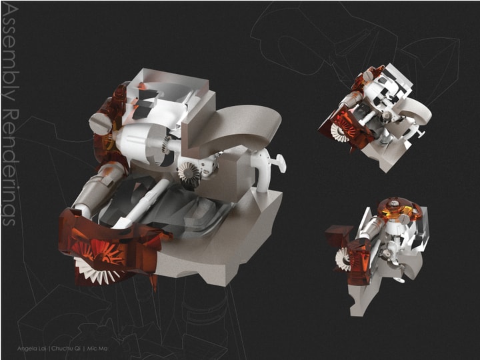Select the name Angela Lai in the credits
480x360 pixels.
click(32, 349)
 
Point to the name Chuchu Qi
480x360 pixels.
click(66, 349)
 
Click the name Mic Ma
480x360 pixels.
click(97, 349)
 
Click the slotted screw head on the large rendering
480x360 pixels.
click(100, 123)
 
